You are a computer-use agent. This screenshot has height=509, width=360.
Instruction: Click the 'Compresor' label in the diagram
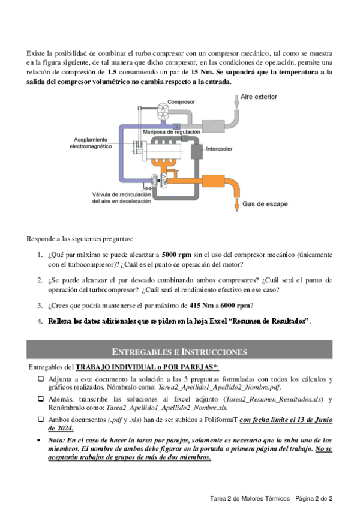click(x=181, y=101)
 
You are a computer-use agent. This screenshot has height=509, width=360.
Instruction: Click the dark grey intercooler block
click(x=196, y=151)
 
